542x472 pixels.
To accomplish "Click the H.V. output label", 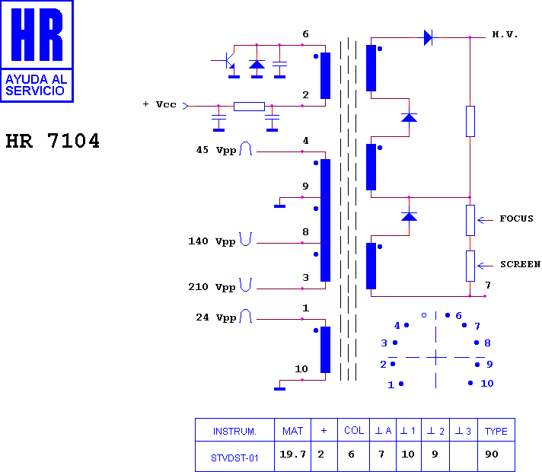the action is coord(505,34).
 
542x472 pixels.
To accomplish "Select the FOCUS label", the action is coord(516,218).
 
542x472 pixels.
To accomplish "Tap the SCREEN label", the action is coord(520,264).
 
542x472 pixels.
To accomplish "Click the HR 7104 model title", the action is coord(53,141).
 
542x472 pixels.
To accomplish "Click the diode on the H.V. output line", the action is coord(429,37).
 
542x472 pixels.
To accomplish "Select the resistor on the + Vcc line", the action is coord(249,106).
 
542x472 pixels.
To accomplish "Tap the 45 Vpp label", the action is coord(216,150).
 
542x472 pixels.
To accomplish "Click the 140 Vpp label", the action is coord(212,241).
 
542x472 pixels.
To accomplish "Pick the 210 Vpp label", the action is coord(212,287).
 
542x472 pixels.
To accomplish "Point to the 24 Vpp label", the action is coord(216,317).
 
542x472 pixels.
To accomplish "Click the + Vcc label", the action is coord(159,104).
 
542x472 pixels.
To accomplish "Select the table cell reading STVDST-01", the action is coord(234,458).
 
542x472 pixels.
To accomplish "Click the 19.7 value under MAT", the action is coord(293,454).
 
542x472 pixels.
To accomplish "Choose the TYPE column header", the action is coord(496,431).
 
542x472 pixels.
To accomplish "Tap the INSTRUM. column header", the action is coord(234,431).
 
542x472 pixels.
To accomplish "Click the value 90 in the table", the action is coord(492,454).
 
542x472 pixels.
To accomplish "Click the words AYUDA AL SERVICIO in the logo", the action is coord(36,85).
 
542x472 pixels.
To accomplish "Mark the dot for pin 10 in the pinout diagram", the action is coord(470,383).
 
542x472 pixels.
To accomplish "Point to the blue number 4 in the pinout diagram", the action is coord(397,325).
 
